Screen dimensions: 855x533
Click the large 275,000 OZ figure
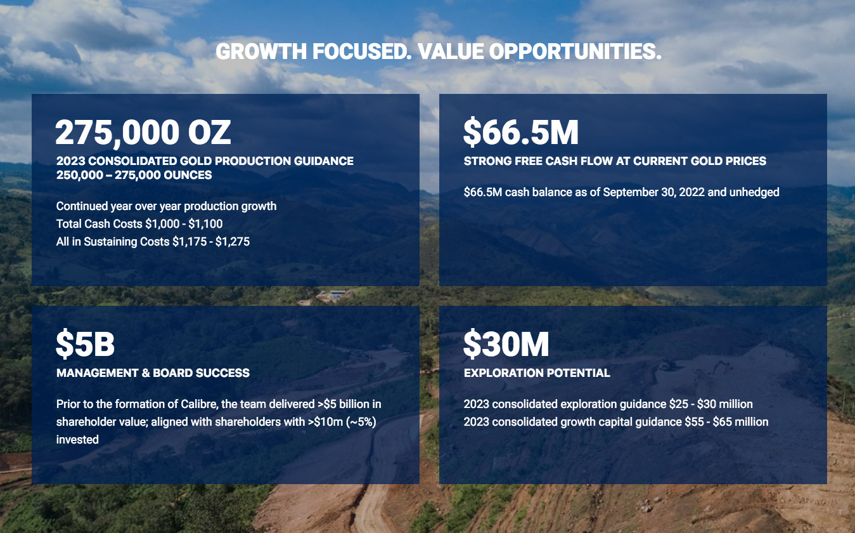(x=143, y=132)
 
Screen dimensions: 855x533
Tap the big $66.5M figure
(x=520, y=132)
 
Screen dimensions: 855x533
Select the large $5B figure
(x=85, y=343)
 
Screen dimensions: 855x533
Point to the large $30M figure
(x=506, y=343)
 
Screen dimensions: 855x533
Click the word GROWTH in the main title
(x=261, y=51)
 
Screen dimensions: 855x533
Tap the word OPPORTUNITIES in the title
(x=575, y=51)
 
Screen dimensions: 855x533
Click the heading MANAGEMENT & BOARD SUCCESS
(x=153, y=373)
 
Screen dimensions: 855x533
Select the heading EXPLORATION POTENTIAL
(x=537, y=373)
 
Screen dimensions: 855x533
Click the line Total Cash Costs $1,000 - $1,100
(x=139, y=224)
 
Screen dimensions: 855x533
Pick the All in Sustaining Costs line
(x=153, y=242)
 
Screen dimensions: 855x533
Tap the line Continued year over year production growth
(x=166, y=206)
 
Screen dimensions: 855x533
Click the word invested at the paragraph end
(x=77, y=439)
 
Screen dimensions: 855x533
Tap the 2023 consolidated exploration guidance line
(x=608, y=404)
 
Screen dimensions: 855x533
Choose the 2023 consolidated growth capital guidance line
(x=616, y=422)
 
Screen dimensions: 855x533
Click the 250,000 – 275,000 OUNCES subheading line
(x=134, y=175)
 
